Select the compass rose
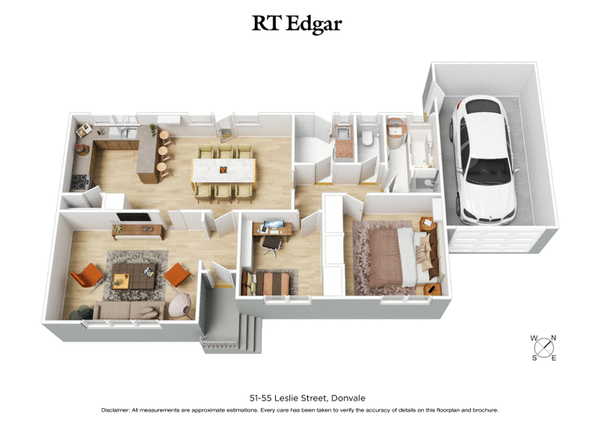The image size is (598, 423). tap(544, 348)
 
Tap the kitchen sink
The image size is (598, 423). tap(120, 133)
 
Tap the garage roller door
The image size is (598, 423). tap(497, 238)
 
